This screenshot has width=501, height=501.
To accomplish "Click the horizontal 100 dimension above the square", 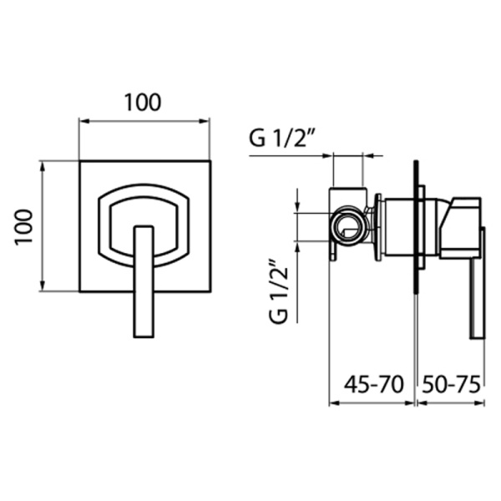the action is [x=143, y=102].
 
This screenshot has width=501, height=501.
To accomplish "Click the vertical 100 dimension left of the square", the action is [x=24, y=226].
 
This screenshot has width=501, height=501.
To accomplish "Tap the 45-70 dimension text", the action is [x=373, y=384].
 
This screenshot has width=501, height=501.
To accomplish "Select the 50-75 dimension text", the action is [x=451, y=384].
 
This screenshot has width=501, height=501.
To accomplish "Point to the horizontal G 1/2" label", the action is [x=280, y=139].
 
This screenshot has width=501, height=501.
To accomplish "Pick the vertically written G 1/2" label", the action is [x=279, y=291].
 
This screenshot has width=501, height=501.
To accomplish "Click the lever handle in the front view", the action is [x=144, y=281].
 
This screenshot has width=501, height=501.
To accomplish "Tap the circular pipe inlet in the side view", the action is [x=349, y=226].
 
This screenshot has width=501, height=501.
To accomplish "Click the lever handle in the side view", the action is [x=478, y=282].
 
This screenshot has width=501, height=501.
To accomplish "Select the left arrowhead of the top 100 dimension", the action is [x=83, y=121].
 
